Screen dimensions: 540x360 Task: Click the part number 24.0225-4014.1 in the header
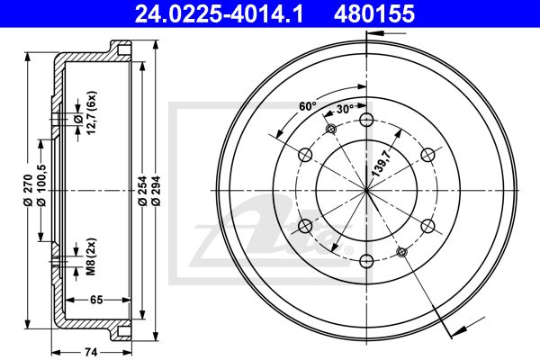tap(219, 14)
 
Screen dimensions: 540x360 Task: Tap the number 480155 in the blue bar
tap(374, 14)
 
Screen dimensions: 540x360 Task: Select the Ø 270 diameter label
tap(28, 191)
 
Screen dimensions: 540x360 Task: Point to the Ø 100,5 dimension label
tap(41, 184)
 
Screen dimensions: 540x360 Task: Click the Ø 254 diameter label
tap(142, 191)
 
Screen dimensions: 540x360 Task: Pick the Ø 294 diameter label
tap(156, 191)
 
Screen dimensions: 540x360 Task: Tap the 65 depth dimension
tap(96, 300)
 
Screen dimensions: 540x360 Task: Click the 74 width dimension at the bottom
tap(91, 353)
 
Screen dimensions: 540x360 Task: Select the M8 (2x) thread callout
tap(91, 256)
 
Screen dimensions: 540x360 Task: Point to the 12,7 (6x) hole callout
tap(91, 113)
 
